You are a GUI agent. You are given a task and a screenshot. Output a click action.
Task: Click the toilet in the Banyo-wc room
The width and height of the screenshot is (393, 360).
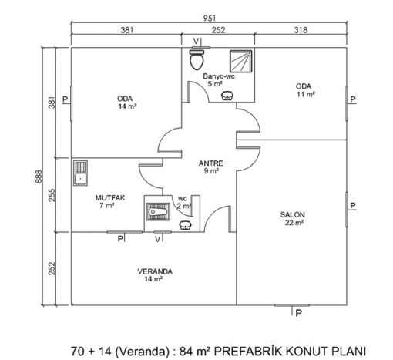[x=196, y=59]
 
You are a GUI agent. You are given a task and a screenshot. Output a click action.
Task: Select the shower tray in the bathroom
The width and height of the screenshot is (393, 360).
[x=240, y=62]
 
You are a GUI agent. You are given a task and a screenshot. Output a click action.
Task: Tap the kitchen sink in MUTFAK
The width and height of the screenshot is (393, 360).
[x=80, y=173]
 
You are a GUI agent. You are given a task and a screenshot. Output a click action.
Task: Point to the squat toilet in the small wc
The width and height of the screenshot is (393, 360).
[x=158, y=212]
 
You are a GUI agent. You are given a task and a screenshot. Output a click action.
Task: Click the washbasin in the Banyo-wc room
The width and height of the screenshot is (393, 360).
[x=227, y=96]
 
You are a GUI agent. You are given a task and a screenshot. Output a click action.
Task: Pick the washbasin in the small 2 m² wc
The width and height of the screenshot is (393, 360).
[x=185, y=225]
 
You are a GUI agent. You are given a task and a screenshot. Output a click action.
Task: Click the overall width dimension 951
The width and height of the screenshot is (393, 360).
[x=210, y=19]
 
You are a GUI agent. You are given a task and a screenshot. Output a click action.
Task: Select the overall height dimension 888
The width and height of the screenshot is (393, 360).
[x=39, y=177]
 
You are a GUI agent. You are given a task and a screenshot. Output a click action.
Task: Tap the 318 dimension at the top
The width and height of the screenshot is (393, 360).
[x=301, y=30]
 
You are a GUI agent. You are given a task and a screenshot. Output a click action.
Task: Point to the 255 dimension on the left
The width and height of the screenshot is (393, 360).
[x=52, y=195]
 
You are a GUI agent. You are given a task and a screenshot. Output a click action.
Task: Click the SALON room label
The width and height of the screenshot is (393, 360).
[x=292, y=214]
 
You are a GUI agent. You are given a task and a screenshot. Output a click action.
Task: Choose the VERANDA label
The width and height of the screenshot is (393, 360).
[x=155, y=271]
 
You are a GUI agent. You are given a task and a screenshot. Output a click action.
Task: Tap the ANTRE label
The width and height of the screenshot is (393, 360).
[x=211, y=163]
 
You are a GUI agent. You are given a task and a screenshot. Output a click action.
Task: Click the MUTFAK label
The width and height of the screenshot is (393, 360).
[x=110, y=198]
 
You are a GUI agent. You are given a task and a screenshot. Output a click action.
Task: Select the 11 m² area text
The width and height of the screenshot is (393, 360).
[x=306, y=94]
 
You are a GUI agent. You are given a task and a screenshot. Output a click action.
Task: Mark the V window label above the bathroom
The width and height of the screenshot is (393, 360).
[x=196, y=41]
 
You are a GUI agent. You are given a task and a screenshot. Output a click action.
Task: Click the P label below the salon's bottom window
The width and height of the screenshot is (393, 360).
[x=298, y=313]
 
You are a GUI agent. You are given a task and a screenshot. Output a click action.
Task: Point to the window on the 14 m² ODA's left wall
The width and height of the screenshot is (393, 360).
[x=71, y=103]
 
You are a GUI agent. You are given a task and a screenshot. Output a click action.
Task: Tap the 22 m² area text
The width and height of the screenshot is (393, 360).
[x=294, y=223]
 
